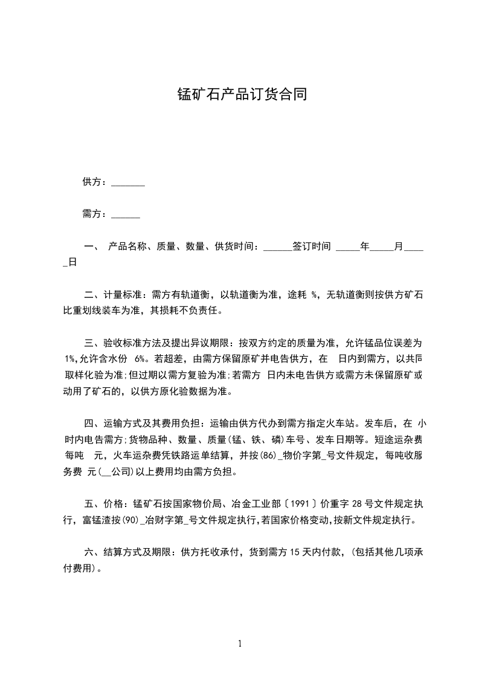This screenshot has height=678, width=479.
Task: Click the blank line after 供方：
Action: (128, 182)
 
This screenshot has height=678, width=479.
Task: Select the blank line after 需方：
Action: (126, 214)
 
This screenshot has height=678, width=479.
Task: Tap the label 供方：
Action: (95, 182)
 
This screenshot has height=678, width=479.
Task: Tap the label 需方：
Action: (95, 214)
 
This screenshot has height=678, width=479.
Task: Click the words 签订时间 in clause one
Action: (312, 247)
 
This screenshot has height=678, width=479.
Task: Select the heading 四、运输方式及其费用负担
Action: (143, 423)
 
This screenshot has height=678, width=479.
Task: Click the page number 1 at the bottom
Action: (240, 644)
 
